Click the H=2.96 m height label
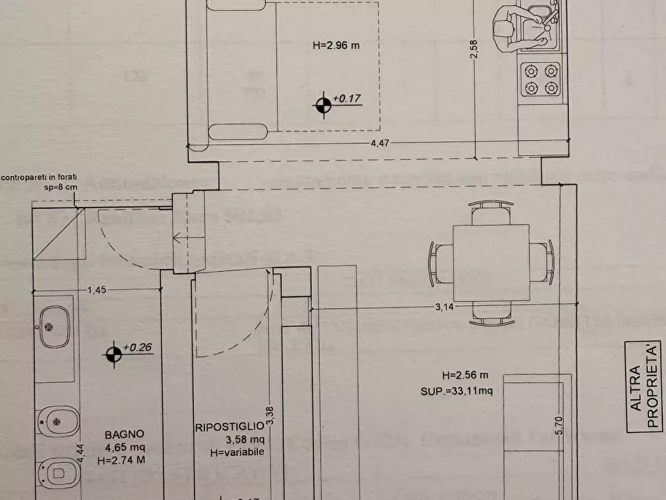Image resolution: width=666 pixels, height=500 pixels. point(336,45)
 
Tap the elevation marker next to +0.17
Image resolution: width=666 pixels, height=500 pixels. point(323,106)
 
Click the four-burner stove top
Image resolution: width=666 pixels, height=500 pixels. point(541,79)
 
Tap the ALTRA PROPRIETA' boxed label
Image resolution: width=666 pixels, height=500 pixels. point(643,387)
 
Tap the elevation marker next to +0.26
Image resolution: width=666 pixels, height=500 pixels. point(113,354)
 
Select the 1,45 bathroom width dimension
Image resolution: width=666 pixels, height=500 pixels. point(97,290)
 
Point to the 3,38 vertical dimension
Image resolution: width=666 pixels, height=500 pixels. point(273,415)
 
